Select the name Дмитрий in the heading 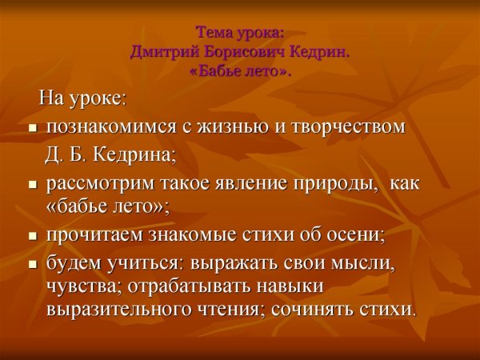(x=162, y=53)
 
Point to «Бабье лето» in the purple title (x=241, y=71)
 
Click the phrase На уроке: (x=82, y=99)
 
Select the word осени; (x=351, y=235)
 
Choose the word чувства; (x=81, y=286)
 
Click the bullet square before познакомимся (x=33, y=128)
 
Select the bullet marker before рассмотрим (x=33, y=184)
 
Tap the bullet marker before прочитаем (x=33, y=236)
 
